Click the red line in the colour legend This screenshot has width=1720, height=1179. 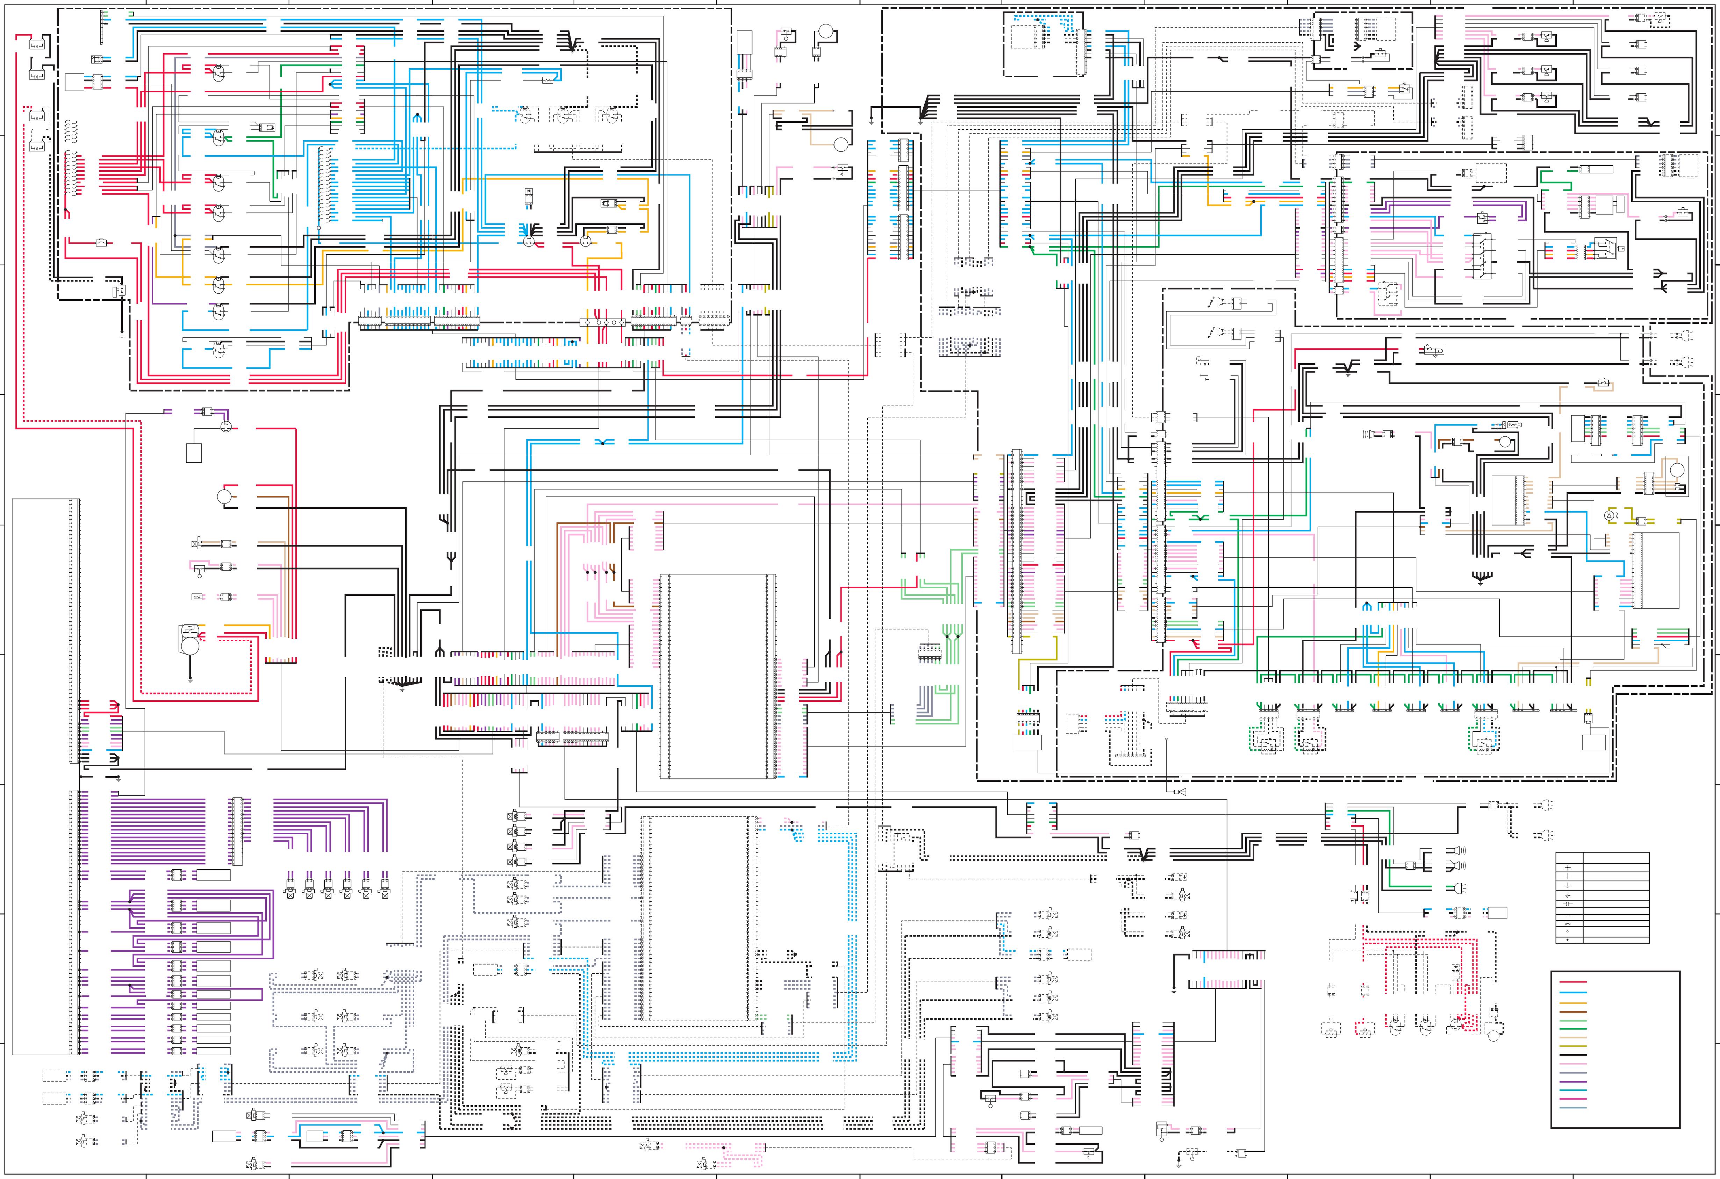tap(1574, 982)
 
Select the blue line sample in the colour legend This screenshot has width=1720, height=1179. tap(1574, 993)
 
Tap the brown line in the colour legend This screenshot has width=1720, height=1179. tap(1574, 1013)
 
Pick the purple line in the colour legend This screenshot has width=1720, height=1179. tap(1574, 1082)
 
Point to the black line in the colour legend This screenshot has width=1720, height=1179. tap(1574, 1056)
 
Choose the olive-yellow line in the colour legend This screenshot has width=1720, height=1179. tap(1574, 1046)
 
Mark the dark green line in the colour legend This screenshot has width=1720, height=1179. tap(1574, 1029)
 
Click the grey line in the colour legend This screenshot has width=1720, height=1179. tap(1574, 1073)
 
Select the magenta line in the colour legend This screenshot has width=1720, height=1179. tap(1574, 1099)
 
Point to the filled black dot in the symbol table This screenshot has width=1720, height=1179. tap(1568, 940)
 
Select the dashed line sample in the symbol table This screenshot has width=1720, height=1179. tap(1568, 917)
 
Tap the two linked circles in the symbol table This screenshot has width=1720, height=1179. tap(1568, 924)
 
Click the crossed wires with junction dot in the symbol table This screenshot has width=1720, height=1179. tap(1568, 868)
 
